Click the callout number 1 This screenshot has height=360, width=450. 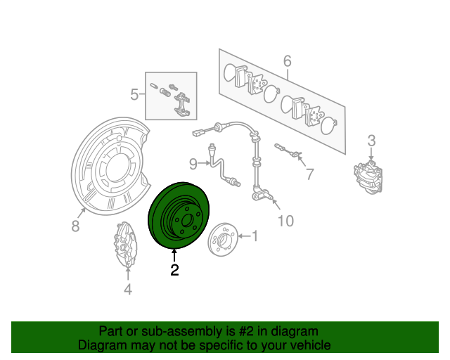255,236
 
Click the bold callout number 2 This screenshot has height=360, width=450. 174,271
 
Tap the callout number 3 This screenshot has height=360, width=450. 372,141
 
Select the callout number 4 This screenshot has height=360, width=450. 127,288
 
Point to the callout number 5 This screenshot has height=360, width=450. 134,95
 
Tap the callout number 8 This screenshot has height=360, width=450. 76,226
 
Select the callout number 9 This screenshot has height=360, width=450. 193,164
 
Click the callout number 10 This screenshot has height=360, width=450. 286,221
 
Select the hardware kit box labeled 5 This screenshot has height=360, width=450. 172,96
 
